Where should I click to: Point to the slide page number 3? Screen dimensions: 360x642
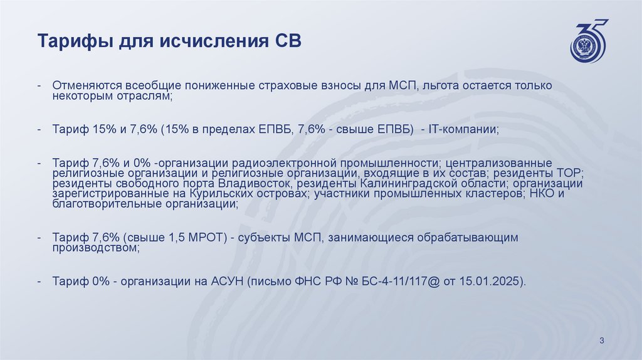[x=601, y=341]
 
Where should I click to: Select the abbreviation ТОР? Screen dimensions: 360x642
[x=569, y=172]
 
